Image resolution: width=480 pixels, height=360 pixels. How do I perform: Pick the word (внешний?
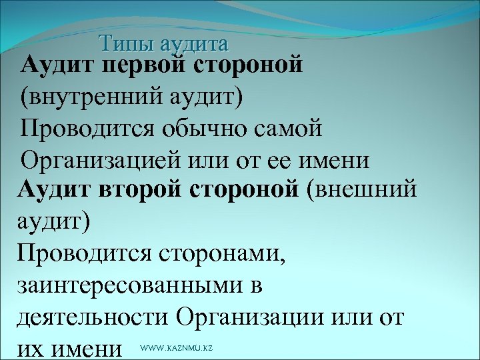click(363, 190)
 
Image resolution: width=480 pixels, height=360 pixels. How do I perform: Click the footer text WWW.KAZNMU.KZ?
click(177, 349)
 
